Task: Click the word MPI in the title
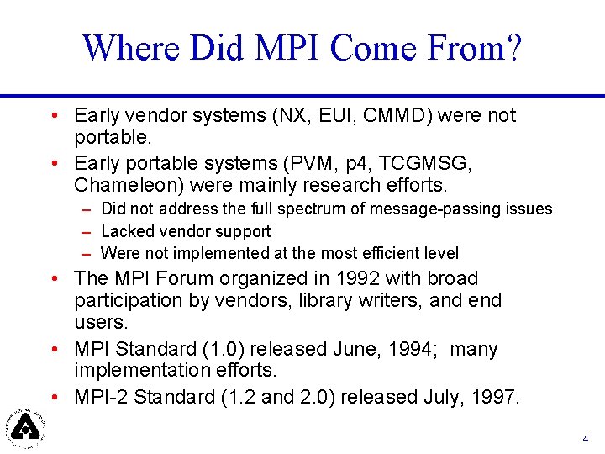[x=279, y=48]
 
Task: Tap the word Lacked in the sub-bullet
[x=126, y=231]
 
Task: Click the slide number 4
[x=586, y=439]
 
